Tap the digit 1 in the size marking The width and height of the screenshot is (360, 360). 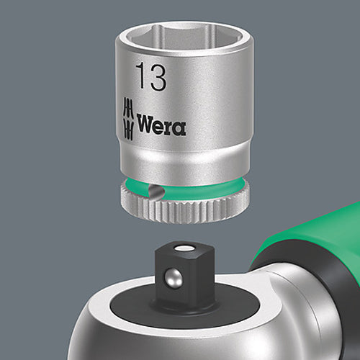pyautogui.click(x=141, y=76)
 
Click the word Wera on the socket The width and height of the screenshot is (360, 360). pyautogui.click(x=161, y=128)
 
